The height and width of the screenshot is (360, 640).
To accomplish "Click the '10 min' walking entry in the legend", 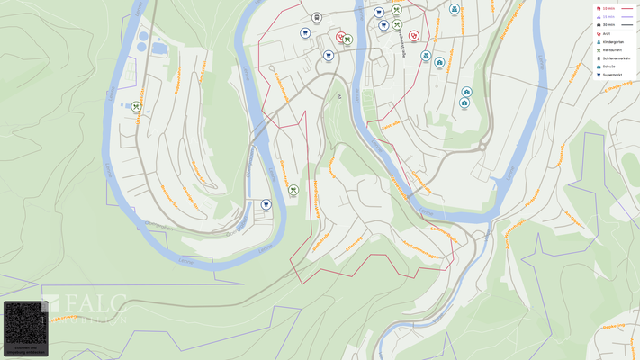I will coord(608,8).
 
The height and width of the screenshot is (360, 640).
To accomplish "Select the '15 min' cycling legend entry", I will coord(608,16).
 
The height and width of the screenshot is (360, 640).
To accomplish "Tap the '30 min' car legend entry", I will coord(608,24).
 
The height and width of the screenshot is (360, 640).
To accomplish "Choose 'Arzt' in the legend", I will coord(606,33).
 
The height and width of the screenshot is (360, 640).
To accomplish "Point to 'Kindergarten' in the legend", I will coord(612,41).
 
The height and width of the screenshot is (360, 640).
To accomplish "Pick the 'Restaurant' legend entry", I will coord(611,49).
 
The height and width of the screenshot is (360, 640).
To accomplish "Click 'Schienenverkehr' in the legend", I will coord(616,58).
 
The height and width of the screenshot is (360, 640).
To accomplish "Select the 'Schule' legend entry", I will coord(608,67).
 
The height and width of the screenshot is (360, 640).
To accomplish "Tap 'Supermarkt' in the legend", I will coord(612,75).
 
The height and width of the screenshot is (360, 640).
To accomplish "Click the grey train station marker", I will coord(317,17).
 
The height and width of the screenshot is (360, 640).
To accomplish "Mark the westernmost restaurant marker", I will coord(136,106).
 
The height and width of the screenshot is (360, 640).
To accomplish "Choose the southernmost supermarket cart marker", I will coord(266,204).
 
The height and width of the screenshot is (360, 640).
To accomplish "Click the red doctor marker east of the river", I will coord(413,36).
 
